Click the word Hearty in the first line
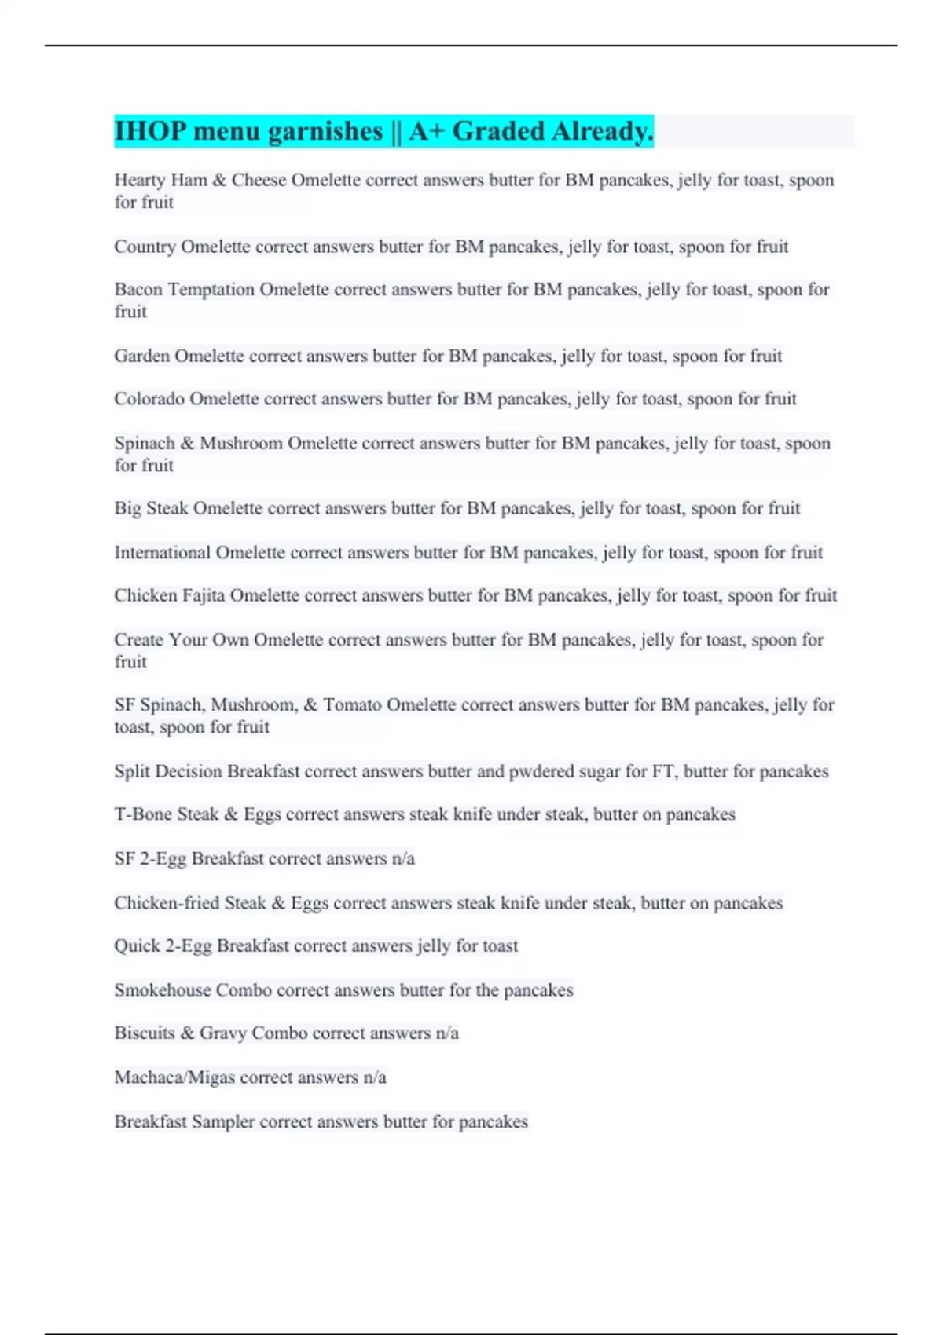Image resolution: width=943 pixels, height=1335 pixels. (140, 180)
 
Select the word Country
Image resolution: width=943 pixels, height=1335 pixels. (145, 247)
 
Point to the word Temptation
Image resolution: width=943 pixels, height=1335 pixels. (211, 290)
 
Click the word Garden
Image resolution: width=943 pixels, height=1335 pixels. (141, 357)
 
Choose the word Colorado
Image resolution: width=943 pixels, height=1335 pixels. (149, 399)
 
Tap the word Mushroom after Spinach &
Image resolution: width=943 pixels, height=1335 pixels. (240, 444)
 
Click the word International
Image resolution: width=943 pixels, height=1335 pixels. (162, 553)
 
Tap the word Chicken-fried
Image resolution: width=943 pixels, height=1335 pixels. (166, 903)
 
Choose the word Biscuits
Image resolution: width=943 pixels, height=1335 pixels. (145, 1033)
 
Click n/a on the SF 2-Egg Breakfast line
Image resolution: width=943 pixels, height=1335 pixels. (403, 859)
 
